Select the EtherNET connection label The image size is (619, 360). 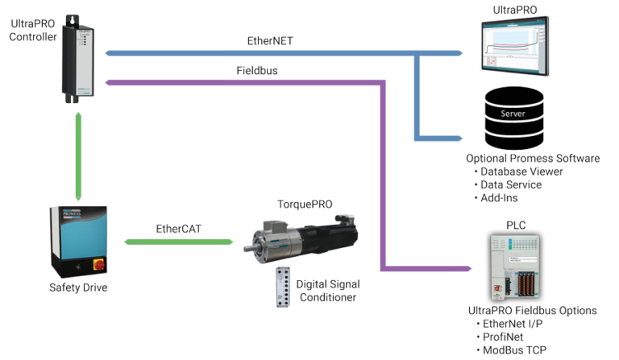[269, 41]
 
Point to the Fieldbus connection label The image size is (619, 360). [257, 71]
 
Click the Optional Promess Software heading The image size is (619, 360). [532, 159]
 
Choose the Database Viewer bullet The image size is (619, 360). [521, 172]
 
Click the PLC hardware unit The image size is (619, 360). [519, 267]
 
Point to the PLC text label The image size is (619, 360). [515, 224]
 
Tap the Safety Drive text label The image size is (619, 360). [77, 288]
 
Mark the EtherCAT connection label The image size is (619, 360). [177, 230]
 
